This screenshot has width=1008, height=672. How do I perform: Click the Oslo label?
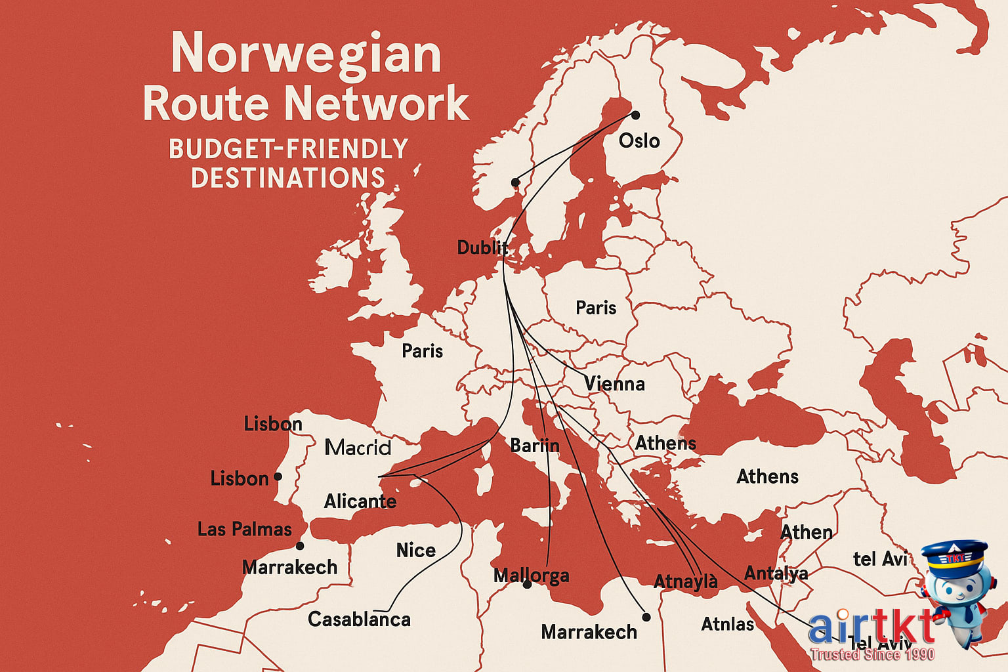click(x=639, y=140)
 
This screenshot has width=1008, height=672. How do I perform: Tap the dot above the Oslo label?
click(x=635, y=115)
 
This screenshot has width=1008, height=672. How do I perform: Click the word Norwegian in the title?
click(x=306, y=54)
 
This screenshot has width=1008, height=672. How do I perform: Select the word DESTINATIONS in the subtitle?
click(x=287, y=178)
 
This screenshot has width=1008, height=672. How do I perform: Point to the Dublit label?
click(x=482, y=247)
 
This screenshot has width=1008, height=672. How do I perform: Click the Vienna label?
click(x=614, y=384)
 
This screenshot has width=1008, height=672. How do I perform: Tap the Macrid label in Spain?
click(x=358, y=448)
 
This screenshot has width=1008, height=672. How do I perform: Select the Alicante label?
click(x=360, y=501)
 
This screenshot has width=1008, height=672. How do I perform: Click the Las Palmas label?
click(x=244, y=529)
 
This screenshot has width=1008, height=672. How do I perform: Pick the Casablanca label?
click(x=359, y=619)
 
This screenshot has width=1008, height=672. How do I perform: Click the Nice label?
click(x=415, y=550)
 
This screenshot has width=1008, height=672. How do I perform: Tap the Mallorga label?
click(x=531, y=576)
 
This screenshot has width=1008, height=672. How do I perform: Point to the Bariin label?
click(x=534, y=446)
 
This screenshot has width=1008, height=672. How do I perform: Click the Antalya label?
click(x=776, y=574)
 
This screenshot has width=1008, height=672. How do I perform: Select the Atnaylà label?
click(x=685, y=581)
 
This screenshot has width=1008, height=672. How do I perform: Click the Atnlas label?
click(x=727, y=623)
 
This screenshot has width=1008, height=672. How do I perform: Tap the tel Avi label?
click(x=879, y=559)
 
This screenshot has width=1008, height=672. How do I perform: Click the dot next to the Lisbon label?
click(x=278, y=476)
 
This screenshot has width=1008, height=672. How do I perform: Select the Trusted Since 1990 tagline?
click(x=871, y=654)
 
